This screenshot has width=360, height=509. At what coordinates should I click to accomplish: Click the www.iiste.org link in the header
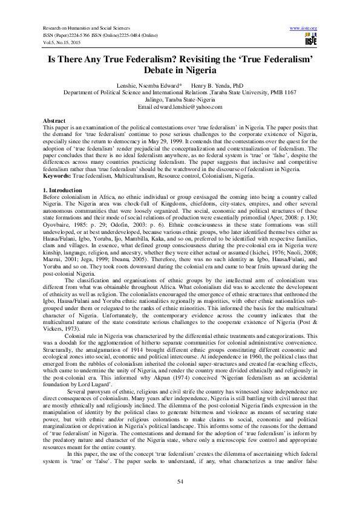(x=304, y=28)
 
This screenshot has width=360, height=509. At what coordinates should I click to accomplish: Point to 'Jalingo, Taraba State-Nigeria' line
(x=180, y=100)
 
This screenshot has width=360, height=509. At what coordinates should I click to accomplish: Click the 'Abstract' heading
(x=55, y=121)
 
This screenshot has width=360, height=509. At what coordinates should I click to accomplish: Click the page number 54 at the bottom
(x=180, y=480)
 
